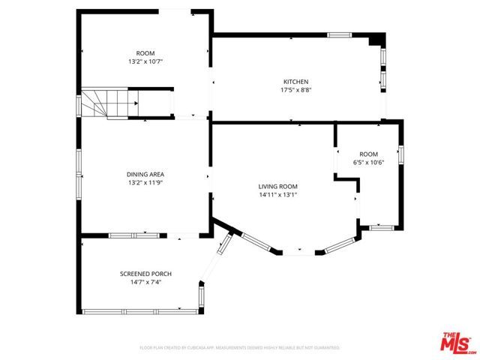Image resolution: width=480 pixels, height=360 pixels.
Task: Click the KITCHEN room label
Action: (295, 82)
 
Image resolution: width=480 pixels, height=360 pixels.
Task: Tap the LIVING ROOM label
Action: (278, 187)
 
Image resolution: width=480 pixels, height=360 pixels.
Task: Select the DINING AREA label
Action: (145, 174)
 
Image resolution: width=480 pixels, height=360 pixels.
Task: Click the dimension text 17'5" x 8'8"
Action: (295, 90)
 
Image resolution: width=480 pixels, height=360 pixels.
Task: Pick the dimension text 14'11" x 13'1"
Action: (278, 195)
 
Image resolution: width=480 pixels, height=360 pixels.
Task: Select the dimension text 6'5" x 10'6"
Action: (368, 162)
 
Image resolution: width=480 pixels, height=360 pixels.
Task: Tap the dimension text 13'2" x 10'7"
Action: (145, 61)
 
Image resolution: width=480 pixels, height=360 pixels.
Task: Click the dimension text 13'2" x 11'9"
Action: (145, 182)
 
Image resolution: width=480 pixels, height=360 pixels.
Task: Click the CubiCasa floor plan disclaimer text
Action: (240, 348)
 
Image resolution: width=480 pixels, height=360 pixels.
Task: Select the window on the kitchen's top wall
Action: (340, 34)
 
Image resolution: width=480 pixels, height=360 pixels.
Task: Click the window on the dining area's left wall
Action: (79, 162)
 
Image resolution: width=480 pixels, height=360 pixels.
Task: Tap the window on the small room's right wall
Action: (401, 154)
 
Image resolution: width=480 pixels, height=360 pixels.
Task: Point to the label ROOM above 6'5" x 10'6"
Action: (368, 154)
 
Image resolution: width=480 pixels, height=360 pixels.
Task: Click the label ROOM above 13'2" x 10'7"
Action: (145, 52)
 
